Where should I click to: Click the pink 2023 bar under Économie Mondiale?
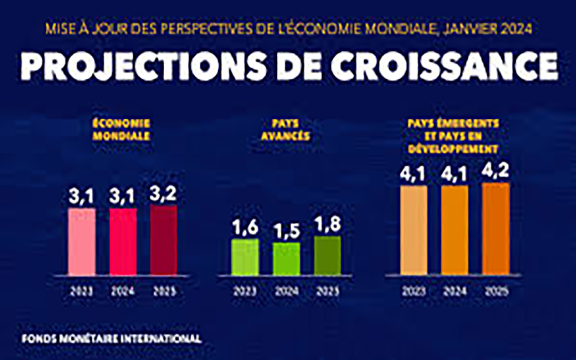point(81,241)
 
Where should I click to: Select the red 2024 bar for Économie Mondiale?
point(123,241)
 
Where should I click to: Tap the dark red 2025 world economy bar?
point(164,240)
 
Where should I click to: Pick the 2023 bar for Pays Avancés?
point(245,257)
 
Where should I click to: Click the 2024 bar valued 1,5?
point(286,259)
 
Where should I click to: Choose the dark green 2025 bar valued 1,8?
point(327,256)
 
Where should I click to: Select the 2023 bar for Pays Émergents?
point(414,229)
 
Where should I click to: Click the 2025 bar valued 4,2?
point(495,228)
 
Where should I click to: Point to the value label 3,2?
point(164,194)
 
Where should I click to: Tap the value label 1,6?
point(245,228)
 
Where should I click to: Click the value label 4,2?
point(495,172)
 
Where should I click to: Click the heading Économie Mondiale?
point(121,129)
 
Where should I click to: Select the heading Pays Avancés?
point(285,129)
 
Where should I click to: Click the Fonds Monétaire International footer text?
point(111,338)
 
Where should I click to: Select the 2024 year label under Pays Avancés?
point(286,291)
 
